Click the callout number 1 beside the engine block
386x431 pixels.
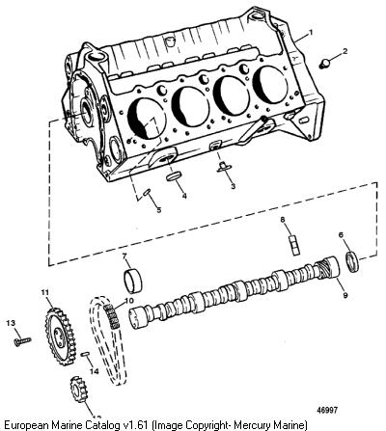click(311, 32)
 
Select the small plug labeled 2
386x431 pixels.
click(326, 64)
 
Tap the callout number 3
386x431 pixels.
click(234, 186)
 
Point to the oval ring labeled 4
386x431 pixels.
click(174, 176)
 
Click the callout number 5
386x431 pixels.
click(159, 210)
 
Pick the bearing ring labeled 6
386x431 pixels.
click(352, 261)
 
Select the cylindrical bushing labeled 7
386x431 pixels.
click(132, 282)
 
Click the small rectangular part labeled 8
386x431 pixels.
click(294, 245)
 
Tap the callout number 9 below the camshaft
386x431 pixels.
click(345, 295)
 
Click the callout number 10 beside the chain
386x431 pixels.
click(129, 301)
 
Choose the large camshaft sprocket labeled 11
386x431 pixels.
click(61, 337)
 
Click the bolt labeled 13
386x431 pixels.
click(22, 340)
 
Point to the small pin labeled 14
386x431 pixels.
click(85, 354)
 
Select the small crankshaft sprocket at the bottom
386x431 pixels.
click(78, 390)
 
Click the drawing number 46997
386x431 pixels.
click(327, 410)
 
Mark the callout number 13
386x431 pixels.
click(11, 323)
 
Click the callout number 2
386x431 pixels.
click(345, 51)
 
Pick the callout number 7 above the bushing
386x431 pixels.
click(124, 256)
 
